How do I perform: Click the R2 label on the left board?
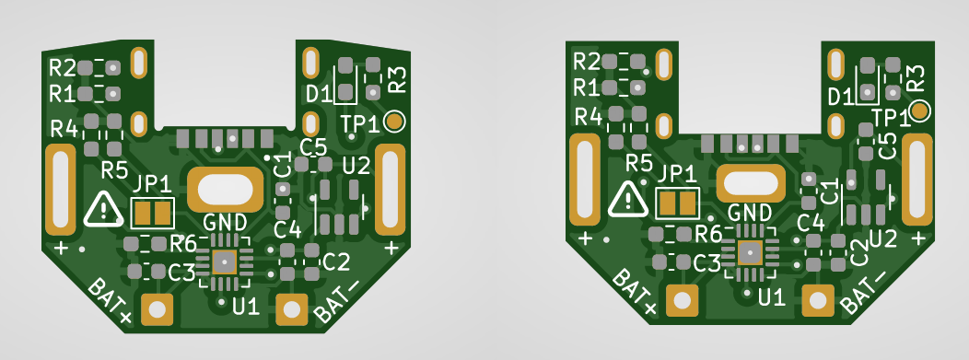pos(63,67)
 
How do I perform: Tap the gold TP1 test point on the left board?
pos(393,122)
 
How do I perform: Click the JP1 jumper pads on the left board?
pos(153,214)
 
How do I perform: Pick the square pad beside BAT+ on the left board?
pos(157,308)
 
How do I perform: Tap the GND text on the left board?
pos(225,221)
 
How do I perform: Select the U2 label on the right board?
pos(883,238)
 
